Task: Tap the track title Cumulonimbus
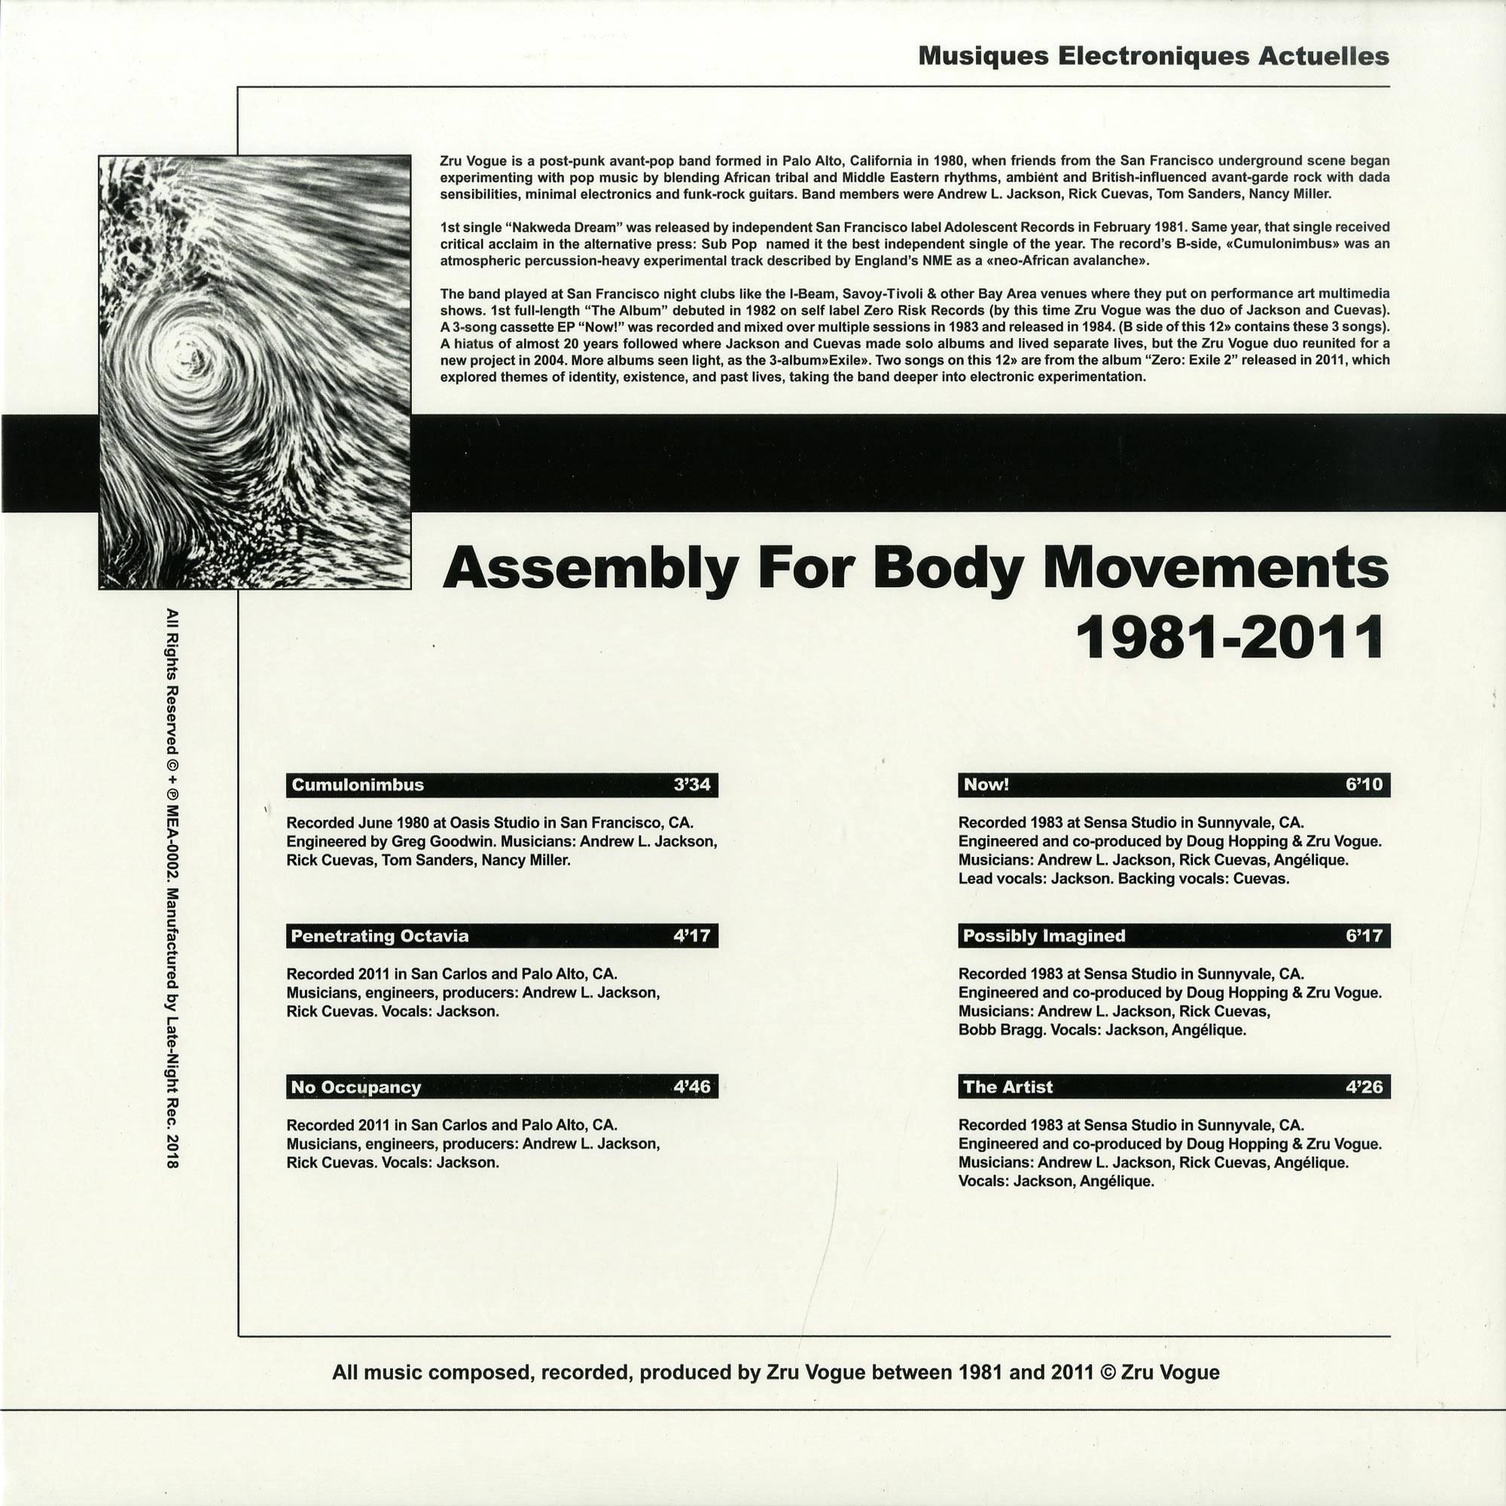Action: click(x=357, y=785)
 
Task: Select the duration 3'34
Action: click(x=691, y=785)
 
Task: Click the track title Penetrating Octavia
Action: click(x=380, y=936)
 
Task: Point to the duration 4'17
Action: click(x=691, y=936)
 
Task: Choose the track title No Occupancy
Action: click(x=355, y=1087)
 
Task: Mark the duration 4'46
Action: click(x=691, y=1087)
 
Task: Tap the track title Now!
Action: click(x=986, y=785)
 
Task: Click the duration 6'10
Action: click(x=1364, y=785)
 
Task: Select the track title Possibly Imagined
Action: click(x=1044, y=936)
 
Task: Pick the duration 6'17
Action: click(x=1364, y=936)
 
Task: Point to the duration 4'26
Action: click(x=1364, y=1087)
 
